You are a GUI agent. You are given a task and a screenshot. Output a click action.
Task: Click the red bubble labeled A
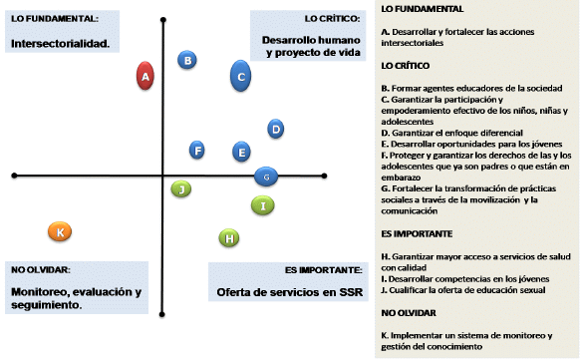pyautogui.click(x=145, y=76)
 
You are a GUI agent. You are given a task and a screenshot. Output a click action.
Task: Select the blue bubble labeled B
pyautogui.click(x=187, y=60)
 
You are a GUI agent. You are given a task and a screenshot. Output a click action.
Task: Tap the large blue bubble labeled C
pyautogui.click(x=240, y=76)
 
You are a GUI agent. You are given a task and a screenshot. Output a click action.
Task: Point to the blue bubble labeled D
pyautogui.click(x=276, y=129)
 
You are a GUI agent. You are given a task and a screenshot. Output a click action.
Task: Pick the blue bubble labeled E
pyautogui.click(x=241, y=152)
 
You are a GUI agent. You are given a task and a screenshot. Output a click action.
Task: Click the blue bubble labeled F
pyautogui.click(x=196, y=151)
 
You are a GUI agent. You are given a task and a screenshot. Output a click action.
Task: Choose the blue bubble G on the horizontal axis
pyautogui.click(x=266, y=177)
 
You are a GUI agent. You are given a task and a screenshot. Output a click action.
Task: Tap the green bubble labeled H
pyautogui.click(x=229, y=238)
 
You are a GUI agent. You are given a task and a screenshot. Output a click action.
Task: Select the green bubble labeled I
pyautogui.click(x=263, y=205)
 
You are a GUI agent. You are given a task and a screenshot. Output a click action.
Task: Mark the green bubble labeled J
pyautogui.click(x=181, y=189)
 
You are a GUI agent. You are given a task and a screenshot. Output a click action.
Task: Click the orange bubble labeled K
pyautogui.click(x=60, y=231)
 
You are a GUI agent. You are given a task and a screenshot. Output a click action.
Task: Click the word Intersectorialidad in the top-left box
pyautogui.click(x=60, y=44)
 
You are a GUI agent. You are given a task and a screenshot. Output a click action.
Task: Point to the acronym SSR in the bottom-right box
pyautogui.click(x=351, y=292)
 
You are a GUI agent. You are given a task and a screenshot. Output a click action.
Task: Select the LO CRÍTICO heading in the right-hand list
pyautogui.click(x=406, y=66)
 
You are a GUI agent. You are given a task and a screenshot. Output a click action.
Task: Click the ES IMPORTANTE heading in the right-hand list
pyautogui.click(x=417, y=234)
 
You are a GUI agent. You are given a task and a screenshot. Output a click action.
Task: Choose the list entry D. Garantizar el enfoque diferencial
pyautogui.click(x=452, y=133)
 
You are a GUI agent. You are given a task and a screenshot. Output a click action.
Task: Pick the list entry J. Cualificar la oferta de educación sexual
pyautogui.click(x=463, y=290)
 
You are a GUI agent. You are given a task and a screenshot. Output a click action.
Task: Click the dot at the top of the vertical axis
pyautogui.click(x=163, y=20)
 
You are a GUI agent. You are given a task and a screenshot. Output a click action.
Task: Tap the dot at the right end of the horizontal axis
pyautogui.click(x=324, y=176)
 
